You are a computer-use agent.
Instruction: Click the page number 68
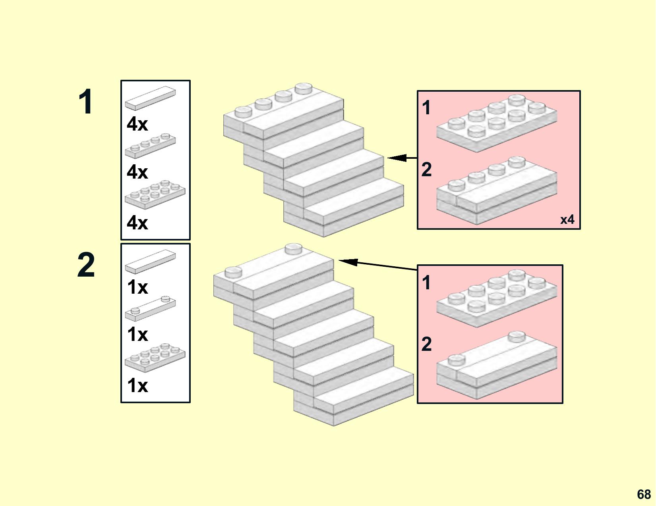[644, 494]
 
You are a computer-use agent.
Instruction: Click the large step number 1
[86, 102]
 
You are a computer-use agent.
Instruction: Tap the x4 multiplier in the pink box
[567, 219]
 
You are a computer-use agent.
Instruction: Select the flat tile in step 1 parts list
[150, 98]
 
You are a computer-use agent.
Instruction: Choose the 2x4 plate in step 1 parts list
[155, 194]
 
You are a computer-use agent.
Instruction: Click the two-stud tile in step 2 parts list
[150, 308]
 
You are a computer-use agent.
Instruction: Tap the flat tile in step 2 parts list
[150, 261]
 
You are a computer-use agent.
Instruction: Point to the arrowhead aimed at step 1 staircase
[393, 158]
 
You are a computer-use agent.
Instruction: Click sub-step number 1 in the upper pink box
[426, 108]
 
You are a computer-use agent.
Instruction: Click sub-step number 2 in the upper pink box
[426, 170]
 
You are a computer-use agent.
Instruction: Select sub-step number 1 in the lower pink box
[426, 283]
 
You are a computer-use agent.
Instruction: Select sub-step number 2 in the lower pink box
[426, 344]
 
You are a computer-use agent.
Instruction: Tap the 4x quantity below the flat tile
[137, 124]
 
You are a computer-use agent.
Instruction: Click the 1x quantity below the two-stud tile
[137, 335]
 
